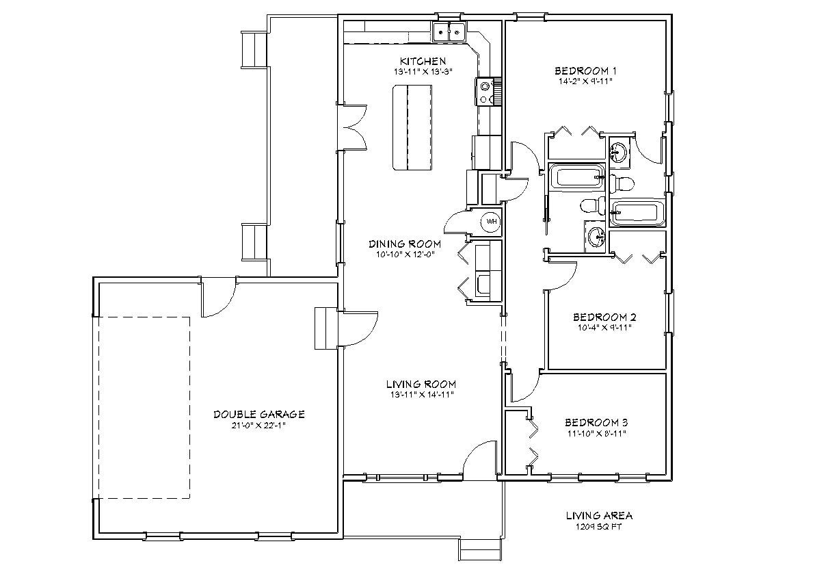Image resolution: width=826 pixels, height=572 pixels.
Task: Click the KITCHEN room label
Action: click(423, 61)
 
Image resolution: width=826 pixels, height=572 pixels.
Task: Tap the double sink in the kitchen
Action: click(449, 31)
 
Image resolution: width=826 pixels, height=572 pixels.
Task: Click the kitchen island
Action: click(412, 127)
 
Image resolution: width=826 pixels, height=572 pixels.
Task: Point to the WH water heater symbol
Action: click(490, 222)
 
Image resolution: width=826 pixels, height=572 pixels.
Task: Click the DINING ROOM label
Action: click(405, 244)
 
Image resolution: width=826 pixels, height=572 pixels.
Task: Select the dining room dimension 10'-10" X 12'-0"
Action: click(405, 254)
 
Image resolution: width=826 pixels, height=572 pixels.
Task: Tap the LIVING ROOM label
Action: click(421, 384)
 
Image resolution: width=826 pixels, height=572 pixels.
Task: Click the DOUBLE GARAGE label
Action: click(258, 414)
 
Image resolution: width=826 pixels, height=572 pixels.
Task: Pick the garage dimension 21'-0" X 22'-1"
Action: click(258, 424)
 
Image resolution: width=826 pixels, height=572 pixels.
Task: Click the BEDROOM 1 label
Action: click(586, 70)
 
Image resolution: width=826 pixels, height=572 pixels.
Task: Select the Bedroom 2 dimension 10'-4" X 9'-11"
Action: click(604, 327)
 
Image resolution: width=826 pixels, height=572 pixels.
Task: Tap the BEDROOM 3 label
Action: click(596, 422)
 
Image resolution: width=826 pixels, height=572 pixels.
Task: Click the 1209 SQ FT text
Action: click(598, 527)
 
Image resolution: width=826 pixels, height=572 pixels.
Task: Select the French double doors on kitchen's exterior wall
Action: click(356, 127)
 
